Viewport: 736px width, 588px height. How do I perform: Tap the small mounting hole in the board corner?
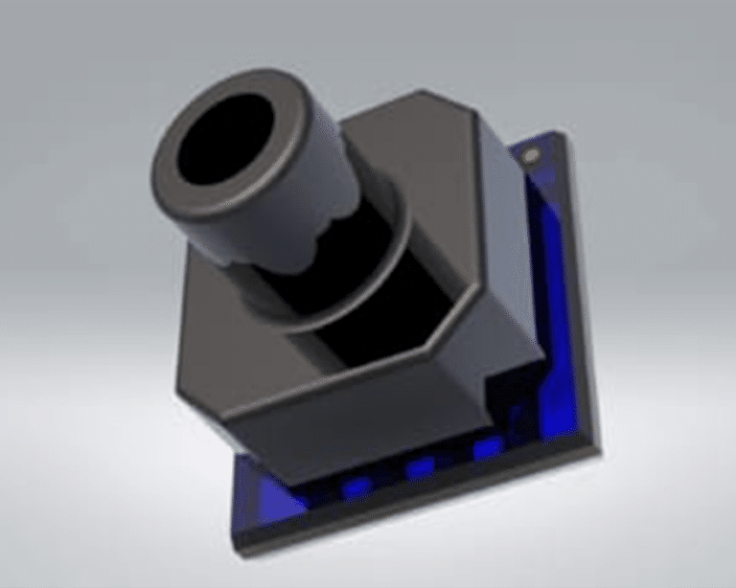[532, 153]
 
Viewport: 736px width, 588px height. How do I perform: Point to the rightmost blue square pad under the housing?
[487, 447]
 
